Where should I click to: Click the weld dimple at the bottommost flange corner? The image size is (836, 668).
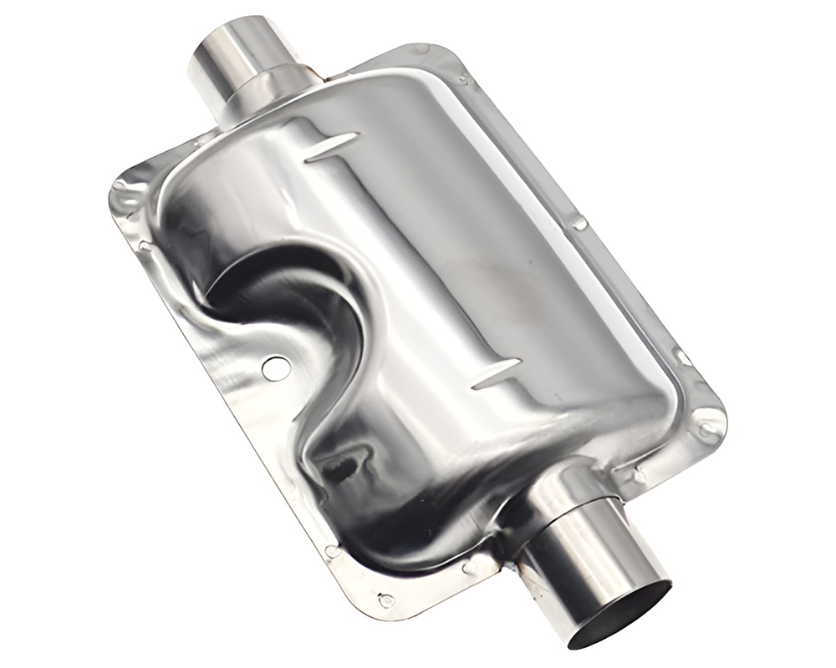pos(385,600)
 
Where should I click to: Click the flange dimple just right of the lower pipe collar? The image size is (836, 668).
pos(639,477)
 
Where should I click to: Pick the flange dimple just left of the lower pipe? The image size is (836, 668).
pos(469,568)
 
